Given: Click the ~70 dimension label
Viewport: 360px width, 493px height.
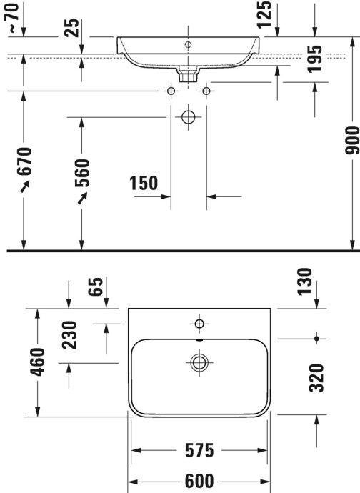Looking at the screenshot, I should point(12,18).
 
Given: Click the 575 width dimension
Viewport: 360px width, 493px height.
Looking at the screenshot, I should point(199,451).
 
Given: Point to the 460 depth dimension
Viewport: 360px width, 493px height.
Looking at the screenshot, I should point(39,361).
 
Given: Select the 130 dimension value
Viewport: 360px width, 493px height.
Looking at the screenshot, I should point(305,282).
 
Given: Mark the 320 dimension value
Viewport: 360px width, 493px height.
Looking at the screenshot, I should point(316,378).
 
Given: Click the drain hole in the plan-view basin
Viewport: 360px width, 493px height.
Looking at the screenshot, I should point(198,362).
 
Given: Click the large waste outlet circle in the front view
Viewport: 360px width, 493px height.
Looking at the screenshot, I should point(189,117).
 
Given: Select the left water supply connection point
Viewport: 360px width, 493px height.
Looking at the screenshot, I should point(171,91).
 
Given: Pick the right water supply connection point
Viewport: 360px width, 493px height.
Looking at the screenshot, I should point(206,91).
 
